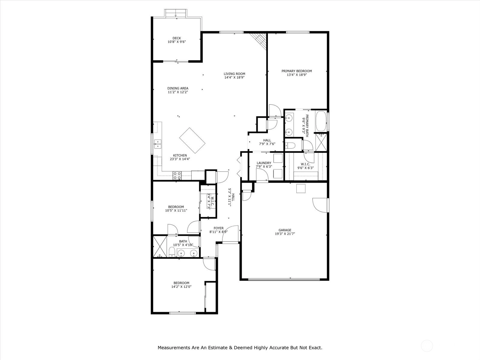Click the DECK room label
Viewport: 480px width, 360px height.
coord(177,38)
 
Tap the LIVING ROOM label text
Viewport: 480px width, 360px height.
coord(234,74)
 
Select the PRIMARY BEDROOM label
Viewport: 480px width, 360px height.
coord(297,71)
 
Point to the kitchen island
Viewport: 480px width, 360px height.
coord(192,140)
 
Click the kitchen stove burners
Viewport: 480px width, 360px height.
coord(177,176)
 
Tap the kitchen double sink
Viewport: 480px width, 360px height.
coord(158,144)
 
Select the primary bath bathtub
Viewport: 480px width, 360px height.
coord(321,121)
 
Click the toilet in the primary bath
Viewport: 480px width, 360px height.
coord(290,145)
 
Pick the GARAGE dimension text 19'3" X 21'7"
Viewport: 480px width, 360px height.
coord(285,234)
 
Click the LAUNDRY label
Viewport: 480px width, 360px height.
coord(264,163)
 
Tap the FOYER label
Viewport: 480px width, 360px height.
coord(219,228)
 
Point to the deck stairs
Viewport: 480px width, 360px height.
coord(176,13)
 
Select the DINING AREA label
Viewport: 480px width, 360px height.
coord(178,88)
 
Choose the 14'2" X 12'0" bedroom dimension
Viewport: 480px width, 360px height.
coord(181,286)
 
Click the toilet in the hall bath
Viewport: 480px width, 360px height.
coord(172,252)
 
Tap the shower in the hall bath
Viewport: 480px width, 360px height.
coord(160,246)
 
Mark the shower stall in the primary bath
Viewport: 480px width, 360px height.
coord(321,142)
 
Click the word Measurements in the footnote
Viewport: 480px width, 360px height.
coord(174,347)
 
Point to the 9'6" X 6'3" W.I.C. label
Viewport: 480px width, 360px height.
coord(305,168)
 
